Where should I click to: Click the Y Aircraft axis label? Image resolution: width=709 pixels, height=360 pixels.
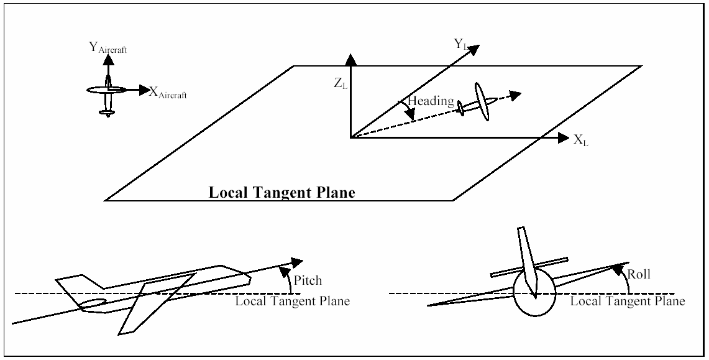point(107,48)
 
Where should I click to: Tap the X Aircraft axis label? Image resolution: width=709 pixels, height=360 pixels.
point(168,93)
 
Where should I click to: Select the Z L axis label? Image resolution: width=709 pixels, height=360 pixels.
point(341,84)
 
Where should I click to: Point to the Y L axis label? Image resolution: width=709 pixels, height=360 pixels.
point(460,44)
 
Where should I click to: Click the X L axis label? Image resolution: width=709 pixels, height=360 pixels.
point(581,140)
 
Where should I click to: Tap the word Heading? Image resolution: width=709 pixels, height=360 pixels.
point(431,101)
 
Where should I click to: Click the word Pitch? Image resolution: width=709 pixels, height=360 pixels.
point(308,280)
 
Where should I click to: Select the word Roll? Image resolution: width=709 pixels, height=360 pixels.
point(638,274)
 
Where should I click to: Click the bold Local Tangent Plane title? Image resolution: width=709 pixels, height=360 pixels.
point(281,193)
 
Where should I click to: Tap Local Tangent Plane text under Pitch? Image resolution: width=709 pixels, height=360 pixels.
point(293,301)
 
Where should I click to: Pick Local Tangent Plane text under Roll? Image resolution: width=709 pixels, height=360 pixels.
point(628,301)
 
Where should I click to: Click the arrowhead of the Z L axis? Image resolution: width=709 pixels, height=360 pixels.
point(350,59)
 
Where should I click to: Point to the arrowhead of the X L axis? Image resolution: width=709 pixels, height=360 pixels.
point(562,137)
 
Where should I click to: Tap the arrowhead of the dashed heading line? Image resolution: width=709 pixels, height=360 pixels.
point(516,95)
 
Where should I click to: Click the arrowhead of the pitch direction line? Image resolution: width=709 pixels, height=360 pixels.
point(296,262)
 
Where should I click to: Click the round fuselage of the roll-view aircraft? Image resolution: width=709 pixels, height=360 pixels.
point(534,294)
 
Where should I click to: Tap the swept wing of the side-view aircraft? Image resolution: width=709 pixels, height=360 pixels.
point(155,303)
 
